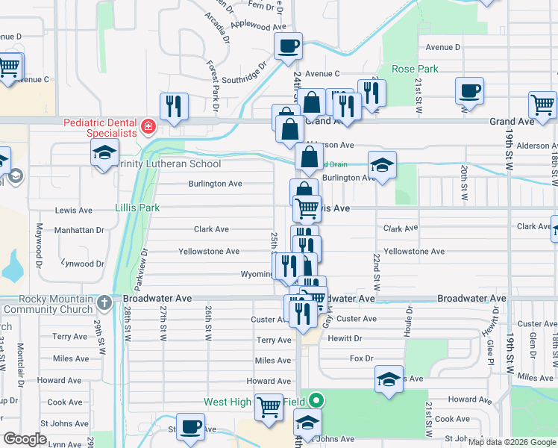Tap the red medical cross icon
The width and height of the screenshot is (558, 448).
tap(148, 127)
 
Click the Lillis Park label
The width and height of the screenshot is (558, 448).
tap(137, 208)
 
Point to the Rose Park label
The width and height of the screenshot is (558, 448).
tap(415, 69)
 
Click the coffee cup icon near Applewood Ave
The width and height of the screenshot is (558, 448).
tap(287, 47)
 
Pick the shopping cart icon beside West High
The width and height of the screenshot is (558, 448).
tap(269, 408)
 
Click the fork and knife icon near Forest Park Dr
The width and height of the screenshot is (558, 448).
tap(173, 107)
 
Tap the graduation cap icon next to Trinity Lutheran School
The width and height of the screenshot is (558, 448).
tap(104, 154)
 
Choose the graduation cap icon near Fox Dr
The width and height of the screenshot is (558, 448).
tap(389, 379)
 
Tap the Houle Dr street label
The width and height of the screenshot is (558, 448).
tap(408, 318)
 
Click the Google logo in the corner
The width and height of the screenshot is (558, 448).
tap(25, 439)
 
